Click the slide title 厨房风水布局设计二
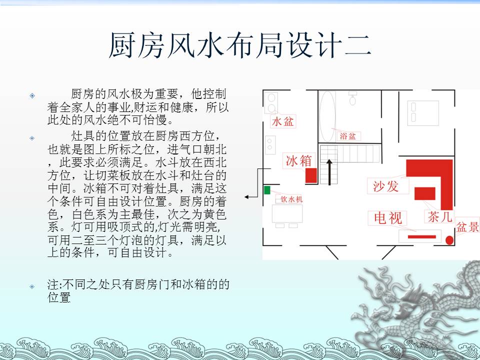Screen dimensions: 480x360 (x=240, y=45)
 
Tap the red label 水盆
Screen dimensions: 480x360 (x=283, y=121)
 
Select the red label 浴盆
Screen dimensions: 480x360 (x=348, y=136)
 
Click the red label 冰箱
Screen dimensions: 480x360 (x=299, y=160)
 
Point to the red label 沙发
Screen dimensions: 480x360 (x=385, y=186)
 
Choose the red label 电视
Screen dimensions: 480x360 (x=388, y=218)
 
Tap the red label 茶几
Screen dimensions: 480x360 (x=439, y=217)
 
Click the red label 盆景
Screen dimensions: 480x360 (x=467, y=227)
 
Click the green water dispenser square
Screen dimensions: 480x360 (x=267, y=190)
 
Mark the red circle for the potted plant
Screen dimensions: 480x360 (x=449, y=240)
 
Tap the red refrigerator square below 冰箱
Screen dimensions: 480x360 (x=311, y=175)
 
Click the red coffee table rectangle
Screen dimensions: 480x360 (x=425, y=193)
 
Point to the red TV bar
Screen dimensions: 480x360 (x=422, y=236)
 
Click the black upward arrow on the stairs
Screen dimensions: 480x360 (x=329, y=172)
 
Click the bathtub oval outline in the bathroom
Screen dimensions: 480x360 (x=327, y=116)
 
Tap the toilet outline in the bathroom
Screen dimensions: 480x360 (x=352, y=98)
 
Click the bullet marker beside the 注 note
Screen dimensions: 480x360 (x=32, y=286)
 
